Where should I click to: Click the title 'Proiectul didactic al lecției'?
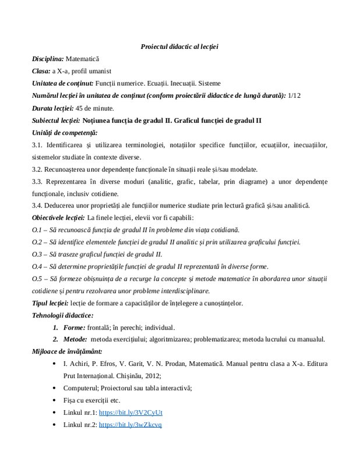point(179,46)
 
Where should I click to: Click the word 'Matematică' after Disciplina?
point(83,59)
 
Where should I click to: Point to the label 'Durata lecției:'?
point(53,108)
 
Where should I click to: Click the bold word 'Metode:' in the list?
point(75,340)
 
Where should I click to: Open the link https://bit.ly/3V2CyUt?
point(131,412)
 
